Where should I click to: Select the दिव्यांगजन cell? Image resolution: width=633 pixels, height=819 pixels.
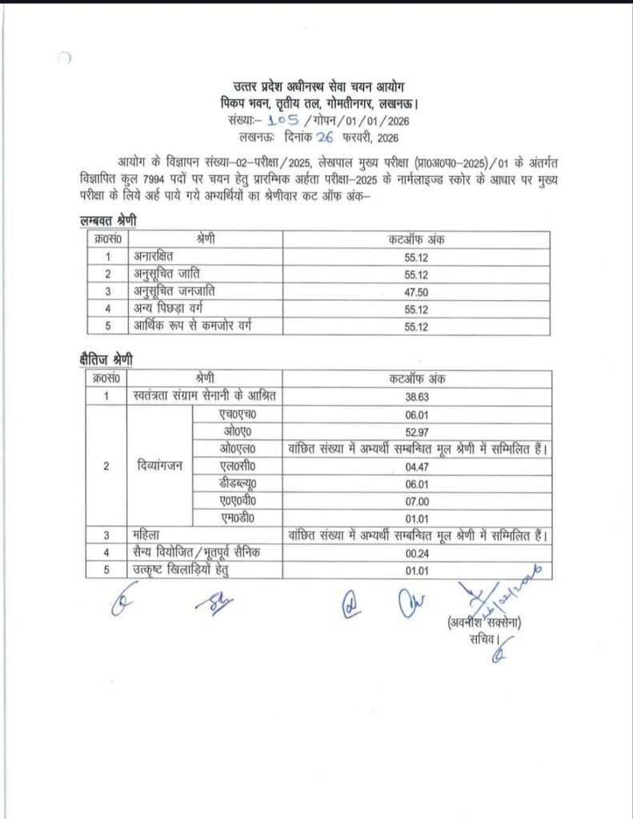click(158, 465)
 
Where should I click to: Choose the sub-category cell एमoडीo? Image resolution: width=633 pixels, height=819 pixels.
click(239, 517)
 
